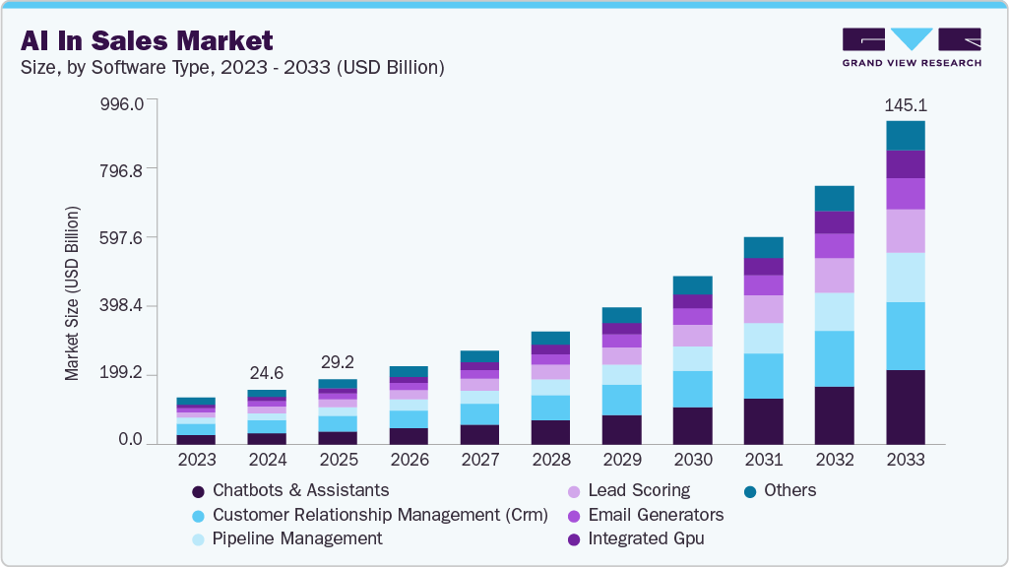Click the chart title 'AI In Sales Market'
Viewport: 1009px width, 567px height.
click(x=145, y=40)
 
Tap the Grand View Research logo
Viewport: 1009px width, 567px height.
click(x=912, y=46)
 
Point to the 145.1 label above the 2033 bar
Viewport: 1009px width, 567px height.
click(x=906, y=104)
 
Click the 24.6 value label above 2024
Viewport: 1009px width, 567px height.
click(x=267, y=373)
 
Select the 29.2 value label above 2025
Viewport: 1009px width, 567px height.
click(x=338, y=362)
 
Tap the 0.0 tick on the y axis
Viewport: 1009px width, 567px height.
click(x=131, y=440)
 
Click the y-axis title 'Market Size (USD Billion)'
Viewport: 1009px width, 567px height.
click(x=72, y=293)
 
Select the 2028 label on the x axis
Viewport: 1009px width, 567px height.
click(x=551, y=460)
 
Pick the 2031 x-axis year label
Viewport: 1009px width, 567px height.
click(x=764, y=460)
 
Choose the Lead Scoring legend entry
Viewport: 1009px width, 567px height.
click(x=638, y=490)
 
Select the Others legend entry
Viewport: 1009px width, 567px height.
click(x=790, y=490)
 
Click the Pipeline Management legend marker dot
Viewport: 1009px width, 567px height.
click(x=199, y=539)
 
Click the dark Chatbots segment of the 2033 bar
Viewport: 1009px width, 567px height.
click(x=906, y=407)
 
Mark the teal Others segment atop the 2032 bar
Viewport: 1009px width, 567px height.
click(x=835, y=198)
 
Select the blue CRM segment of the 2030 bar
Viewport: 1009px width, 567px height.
click(x=693, y=389)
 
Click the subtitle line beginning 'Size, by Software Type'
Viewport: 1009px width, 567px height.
click(x=231, y=68)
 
